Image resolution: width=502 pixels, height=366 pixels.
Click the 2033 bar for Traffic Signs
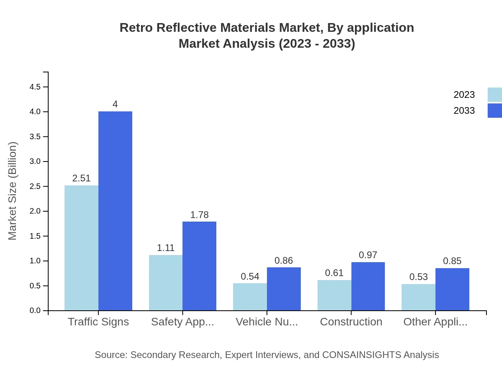115,211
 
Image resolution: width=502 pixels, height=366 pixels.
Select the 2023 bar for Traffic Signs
81,248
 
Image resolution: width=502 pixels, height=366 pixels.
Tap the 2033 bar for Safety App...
199,266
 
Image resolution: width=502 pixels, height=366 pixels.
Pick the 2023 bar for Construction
334,295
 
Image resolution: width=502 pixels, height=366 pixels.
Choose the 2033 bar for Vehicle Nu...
284,289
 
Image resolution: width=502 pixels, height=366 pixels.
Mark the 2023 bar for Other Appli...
418,297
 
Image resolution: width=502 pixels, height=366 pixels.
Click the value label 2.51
81,178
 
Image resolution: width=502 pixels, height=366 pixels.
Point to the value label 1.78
199,215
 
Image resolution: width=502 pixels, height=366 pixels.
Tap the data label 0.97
368,255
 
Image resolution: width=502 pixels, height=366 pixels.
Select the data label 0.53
418,277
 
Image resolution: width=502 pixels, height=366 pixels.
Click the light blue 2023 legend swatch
494,95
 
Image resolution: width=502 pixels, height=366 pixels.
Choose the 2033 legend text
464,111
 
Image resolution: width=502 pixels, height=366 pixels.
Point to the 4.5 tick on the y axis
35,87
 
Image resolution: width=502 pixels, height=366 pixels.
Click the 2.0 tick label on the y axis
35,211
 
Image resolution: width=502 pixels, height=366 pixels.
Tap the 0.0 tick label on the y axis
35,311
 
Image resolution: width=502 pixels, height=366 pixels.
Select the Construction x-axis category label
351,322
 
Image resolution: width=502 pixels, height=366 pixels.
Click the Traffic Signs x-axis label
98,322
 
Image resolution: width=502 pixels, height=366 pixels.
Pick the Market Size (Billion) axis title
13,191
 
